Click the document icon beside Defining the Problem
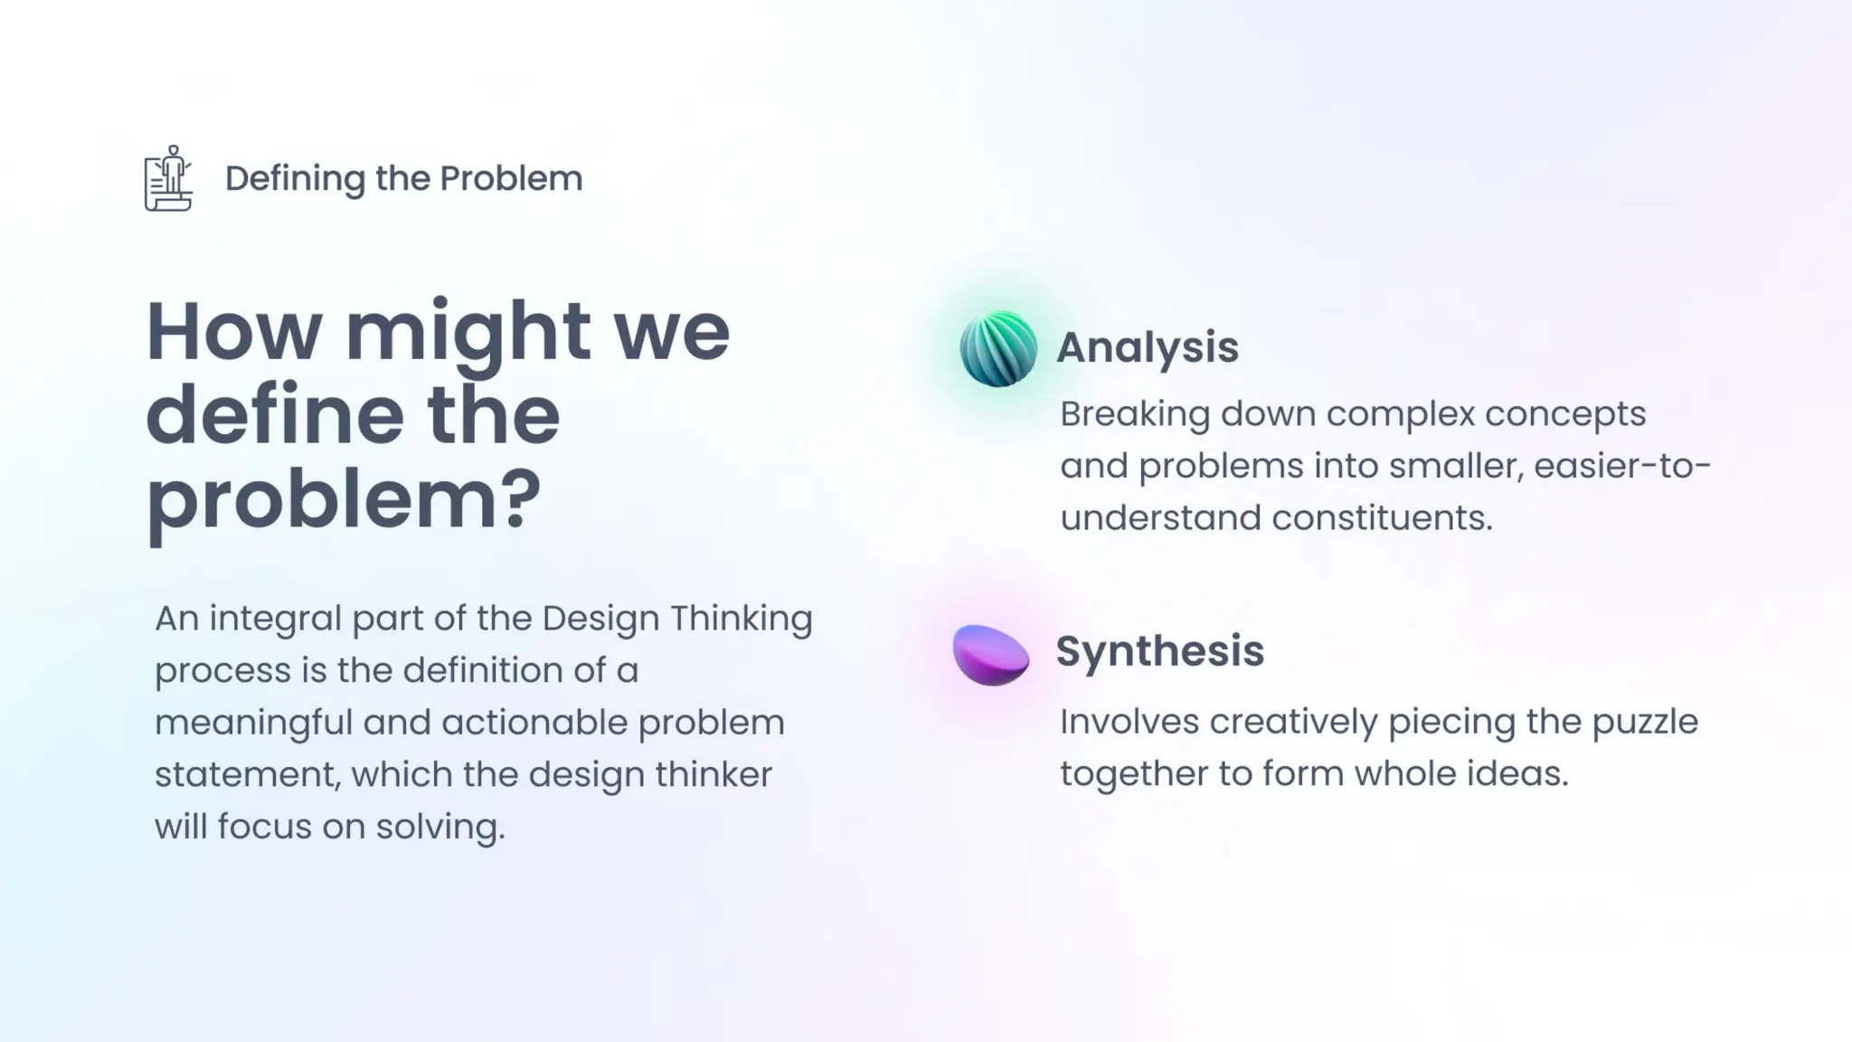(168, 179)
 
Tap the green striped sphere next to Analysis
(997, 349)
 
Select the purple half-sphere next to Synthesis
(991, 654)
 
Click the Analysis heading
(1147, 347)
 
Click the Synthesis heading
(1159, 651)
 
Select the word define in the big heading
(273, 415)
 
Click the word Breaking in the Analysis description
(1134, 415)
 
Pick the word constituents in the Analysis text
(1381, 518)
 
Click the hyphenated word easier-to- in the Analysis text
(1622, 467)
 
